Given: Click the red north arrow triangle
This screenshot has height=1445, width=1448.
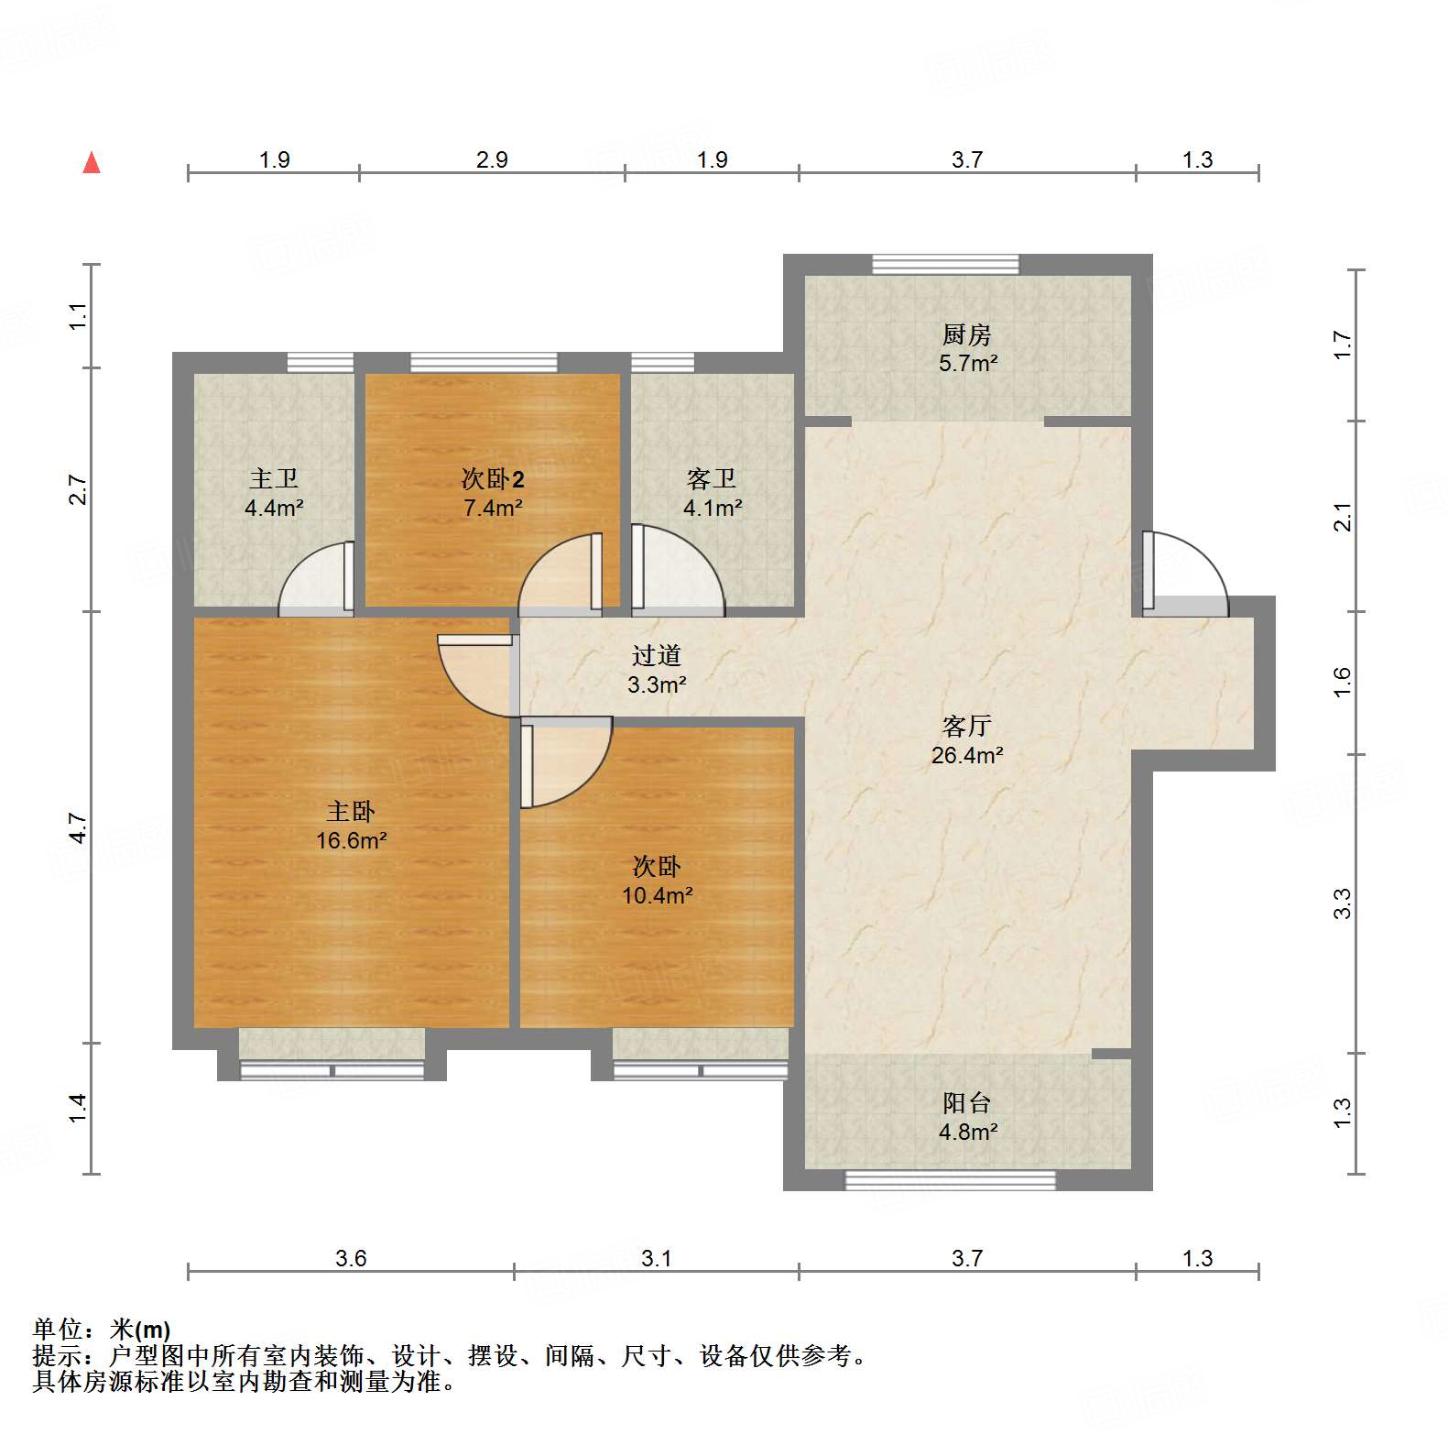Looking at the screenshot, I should coord(92,163).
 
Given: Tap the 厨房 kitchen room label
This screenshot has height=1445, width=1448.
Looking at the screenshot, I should coord(967,334).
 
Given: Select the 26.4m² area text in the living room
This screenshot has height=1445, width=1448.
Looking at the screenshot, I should coord(967,756).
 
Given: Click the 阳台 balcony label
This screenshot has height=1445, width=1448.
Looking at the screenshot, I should coord(967,1102).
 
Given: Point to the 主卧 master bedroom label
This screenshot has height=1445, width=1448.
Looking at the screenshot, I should coord(351,812).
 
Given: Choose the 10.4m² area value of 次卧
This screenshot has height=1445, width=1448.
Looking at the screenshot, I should coord(657,896).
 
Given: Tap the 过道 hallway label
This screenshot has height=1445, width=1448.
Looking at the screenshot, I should coord(657,655).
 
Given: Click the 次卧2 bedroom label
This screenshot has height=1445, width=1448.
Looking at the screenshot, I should coord(493,478).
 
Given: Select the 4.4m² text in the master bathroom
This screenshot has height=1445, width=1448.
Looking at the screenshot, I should coord(274,508).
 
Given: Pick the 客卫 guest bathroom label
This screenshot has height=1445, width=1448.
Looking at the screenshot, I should coord(712,478).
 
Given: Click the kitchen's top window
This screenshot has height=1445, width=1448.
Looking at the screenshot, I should coord(945,264).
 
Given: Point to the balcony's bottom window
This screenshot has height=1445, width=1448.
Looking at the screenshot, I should coord(950,1180).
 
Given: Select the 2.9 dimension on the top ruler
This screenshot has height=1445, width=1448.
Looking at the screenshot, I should coord(492,159).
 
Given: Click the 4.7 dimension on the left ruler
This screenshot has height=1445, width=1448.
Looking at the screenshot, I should coord(79,827).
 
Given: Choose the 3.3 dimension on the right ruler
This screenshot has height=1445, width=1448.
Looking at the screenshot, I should coord(1342,903).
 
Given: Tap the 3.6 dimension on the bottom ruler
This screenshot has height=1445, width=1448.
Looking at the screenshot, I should coord(351,1258).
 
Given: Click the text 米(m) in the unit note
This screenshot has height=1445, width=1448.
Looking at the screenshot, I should coord(140,1330).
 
